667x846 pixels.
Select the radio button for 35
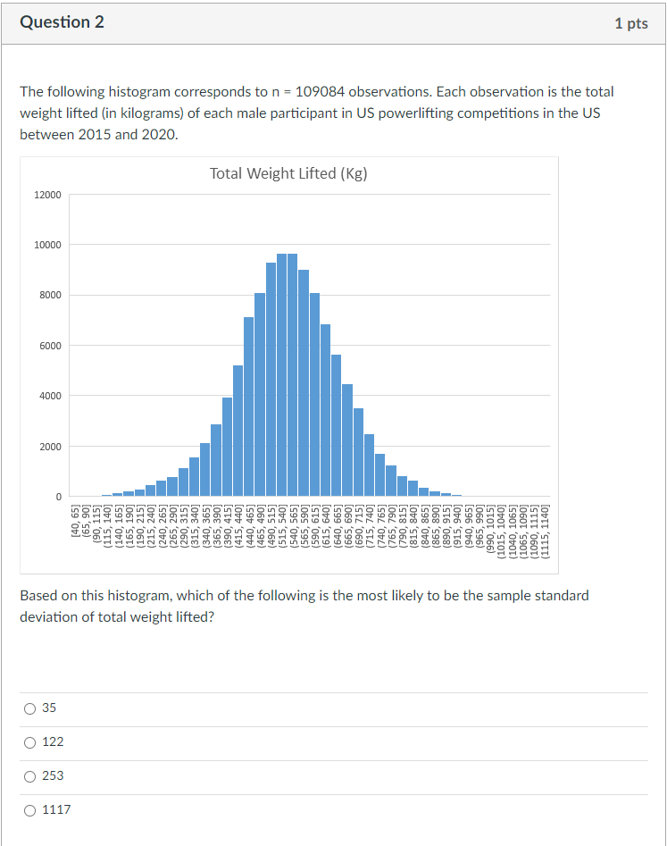(x=29, y=708)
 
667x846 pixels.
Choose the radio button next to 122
(x=29, y=742)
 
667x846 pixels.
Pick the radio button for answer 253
(x=29, y=776)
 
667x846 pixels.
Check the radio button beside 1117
(x=29, y=810)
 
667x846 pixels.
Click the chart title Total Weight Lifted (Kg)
(x=288, y=173)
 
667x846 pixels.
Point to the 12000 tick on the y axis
(x=48, y=195)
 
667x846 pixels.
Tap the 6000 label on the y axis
(x=51, y=346)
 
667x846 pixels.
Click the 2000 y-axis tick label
(x=51, y=447)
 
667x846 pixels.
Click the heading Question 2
(x=62, y=23)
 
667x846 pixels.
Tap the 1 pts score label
(x=630, y=24)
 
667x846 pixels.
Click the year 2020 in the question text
(x=158, y=135)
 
